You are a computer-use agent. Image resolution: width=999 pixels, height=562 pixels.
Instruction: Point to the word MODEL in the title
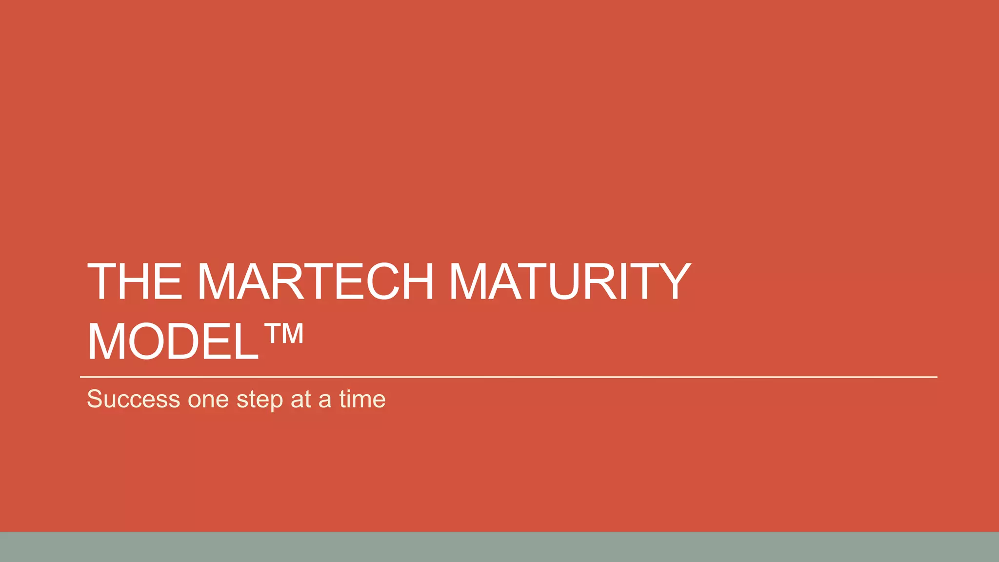[x=173, y=342]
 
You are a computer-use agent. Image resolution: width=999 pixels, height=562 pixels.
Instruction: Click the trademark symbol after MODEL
[x=284, y=335]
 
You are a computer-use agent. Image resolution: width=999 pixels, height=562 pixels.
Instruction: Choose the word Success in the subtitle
[x=134, y=399]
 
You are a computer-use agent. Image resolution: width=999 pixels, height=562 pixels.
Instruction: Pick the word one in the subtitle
[x=208, y=400]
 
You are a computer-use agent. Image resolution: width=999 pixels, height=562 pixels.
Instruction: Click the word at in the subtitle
[x=301, y=399]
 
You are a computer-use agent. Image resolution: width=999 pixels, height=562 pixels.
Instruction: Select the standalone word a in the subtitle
[x=325, y=401]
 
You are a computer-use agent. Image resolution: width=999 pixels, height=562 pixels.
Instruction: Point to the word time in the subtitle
[x=362, y=399]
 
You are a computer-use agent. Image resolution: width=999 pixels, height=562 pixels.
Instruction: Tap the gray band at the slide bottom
[x=499, y=547]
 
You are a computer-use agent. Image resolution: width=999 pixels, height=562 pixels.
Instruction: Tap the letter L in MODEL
[x=246, y=342]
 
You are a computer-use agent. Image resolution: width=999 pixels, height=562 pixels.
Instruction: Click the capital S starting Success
[x=95, y=399]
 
